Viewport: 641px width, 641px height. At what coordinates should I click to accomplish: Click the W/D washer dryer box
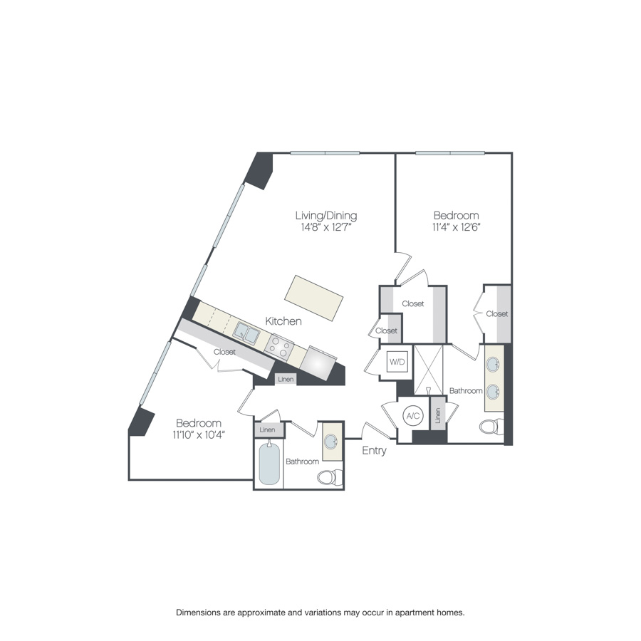click(397, 363)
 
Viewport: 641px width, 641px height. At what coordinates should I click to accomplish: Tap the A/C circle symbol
click(412, 416)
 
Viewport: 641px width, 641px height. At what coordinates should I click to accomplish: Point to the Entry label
click(374, 450)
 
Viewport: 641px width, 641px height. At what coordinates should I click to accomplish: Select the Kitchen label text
click(283, 321)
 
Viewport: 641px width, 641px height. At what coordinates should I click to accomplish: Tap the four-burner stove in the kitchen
click(280, 348)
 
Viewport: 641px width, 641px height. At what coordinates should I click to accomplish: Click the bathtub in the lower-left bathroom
click(269, 464)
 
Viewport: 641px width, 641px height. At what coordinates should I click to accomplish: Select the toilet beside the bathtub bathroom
click(330, 476)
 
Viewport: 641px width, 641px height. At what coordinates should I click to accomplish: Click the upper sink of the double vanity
click(494, 365)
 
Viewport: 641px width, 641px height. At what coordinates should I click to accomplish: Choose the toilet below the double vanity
click(491, 427)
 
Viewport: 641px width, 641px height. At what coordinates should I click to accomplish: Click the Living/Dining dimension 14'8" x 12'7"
click(325, 227)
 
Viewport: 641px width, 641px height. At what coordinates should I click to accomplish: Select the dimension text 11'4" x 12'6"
click(456, 227)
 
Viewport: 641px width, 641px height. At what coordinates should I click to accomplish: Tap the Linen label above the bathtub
click(267, 429)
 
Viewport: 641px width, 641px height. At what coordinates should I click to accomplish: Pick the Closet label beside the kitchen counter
click(224, 351)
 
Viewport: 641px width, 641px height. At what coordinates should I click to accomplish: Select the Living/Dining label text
click(326, 215)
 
